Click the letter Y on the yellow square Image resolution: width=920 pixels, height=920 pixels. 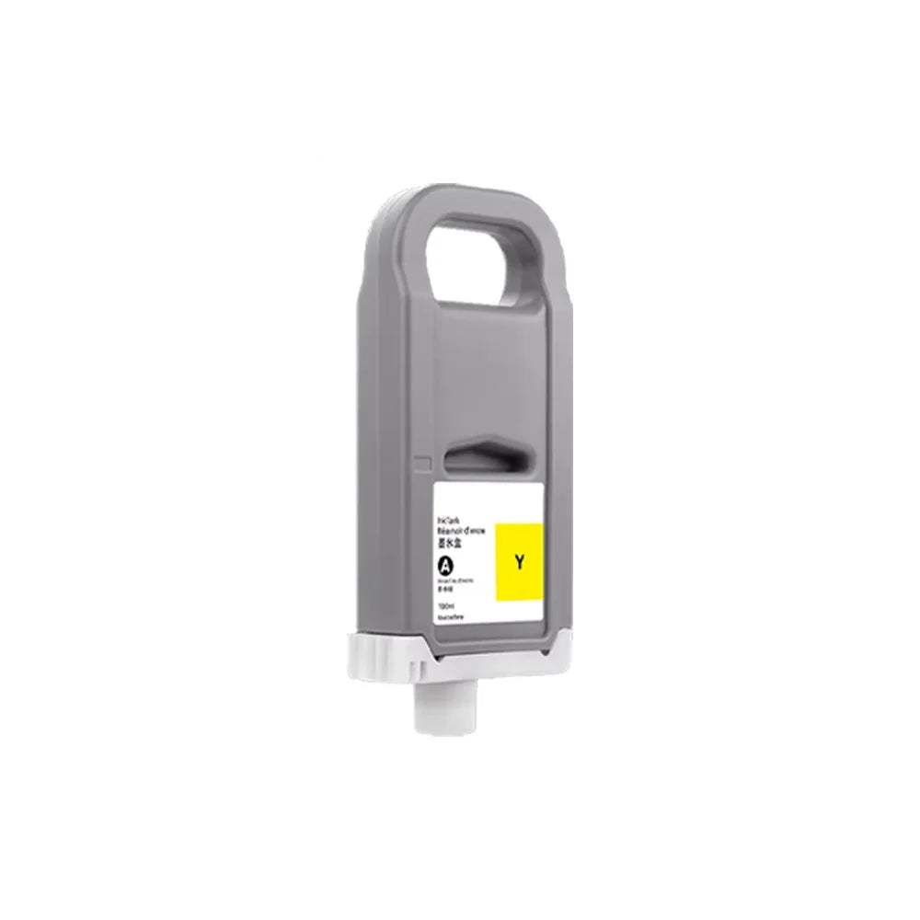coord(520,561)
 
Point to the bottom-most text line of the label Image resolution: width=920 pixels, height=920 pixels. coord(451,618)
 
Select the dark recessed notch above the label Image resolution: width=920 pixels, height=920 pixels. coord(483,456)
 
